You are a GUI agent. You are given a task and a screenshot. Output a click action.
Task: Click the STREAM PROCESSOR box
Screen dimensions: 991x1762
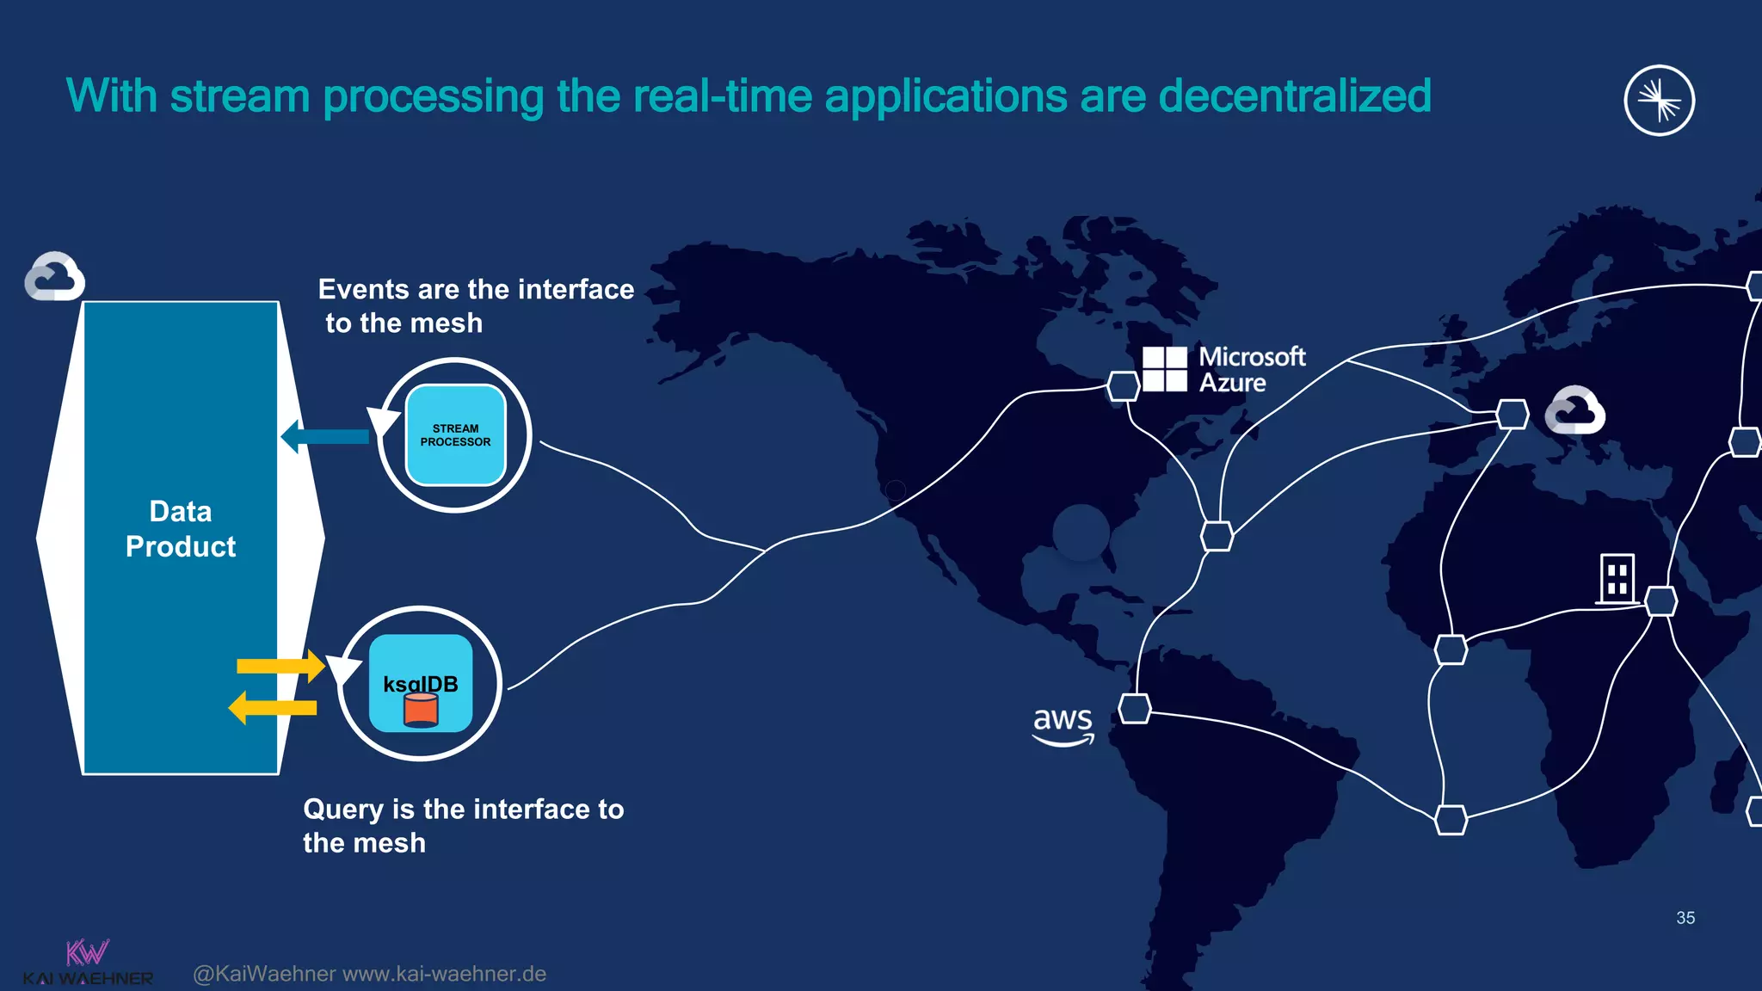click(x=455, y=435)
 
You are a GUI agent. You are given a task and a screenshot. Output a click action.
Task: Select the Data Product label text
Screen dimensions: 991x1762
click(x=181, y=529)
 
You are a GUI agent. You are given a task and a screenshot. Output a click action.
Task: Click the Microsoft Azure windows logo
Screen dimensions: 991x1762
click(x=1164, y=369)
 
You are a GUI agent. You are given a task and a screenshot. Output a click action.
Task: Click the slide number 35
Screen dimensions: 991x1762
click(x=1685, y=918)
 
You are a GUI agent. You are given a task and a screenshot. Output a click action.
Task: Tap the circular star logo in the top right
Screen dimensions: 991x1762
click(x=1659, y=101)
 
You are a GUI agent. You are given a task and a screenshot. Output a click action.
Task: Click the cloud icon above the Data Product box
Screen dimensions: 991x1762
click(x=55, y=277)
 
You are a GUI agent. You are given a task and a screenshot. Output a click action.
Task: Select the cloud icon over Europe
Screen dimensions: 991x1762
click(x=1574, y=410)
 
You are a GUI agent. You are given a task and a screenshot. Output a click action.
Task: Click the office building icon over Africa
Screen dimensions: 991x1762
click(x=1616, y=578)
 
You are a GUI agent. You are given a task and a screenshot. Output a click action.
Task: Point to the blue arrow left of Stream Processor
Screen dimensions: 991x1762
click(x=325, y=436)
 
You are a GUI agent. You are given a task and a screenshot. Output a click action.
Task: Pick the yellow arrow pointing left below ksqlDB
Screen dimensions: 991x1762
click(x=273, y=708)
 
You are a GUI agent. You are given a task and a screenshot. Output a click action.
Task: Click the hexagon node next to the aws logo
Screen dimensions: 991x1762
click(x=1135, y=709)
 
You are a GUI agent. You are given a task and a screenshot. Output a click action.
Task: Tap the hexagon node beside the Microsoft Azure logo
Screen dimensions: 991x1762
click(x=1123, y=386)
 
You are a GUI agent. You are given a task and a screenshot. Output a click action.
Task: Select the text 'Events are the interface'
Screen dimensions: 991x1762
click(x=476, y=289)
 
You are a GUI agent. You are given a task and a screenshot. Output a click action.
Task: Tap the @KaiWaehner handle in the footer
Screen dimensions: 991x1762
click(x=264, y=974)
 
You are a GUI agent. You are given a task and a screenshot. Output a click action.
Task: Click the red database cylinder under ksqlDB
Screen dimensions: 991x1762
click(x=421, y=711)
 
